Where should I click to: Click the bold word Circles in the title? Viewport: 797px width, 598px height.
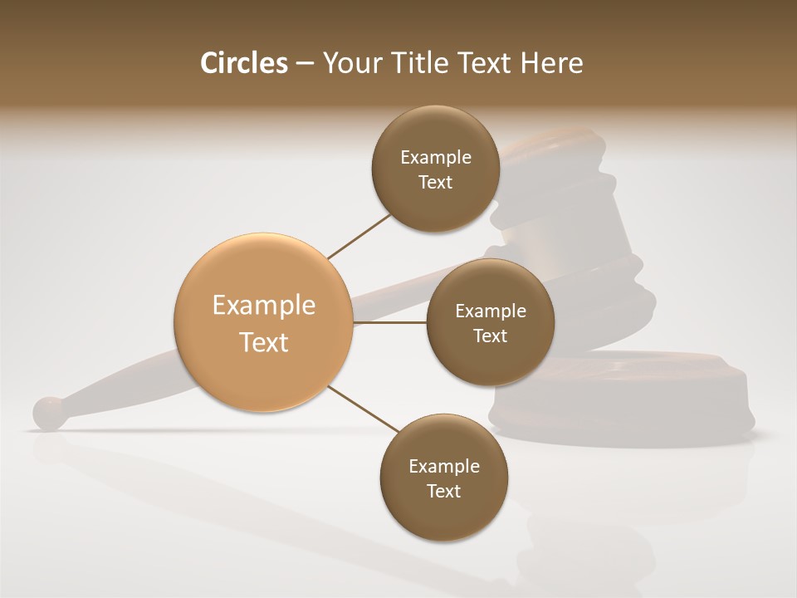(244, 63)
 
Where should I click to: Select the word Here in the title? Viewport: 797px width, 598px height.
(553, 63)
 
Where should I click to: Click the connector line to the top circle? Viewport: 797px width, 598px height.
(359, 235)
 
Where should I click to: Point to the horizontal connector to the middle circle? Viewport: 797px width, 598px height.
(390, 322)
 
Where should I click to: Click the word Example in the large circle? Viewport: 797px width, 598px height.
(263, 306)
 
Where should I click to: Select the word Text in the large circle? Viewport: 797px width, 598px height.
(263, 342)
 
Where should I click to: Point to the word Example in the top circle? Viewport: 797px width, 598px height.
(436, 158)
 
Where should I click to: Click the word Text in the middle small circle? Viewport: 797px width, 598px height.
(490, 336)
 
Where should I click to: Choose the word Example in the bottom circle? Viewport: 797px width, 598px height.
(444, 467)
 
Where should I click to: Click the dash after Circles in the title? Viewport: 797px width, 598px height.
(304, 64)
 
